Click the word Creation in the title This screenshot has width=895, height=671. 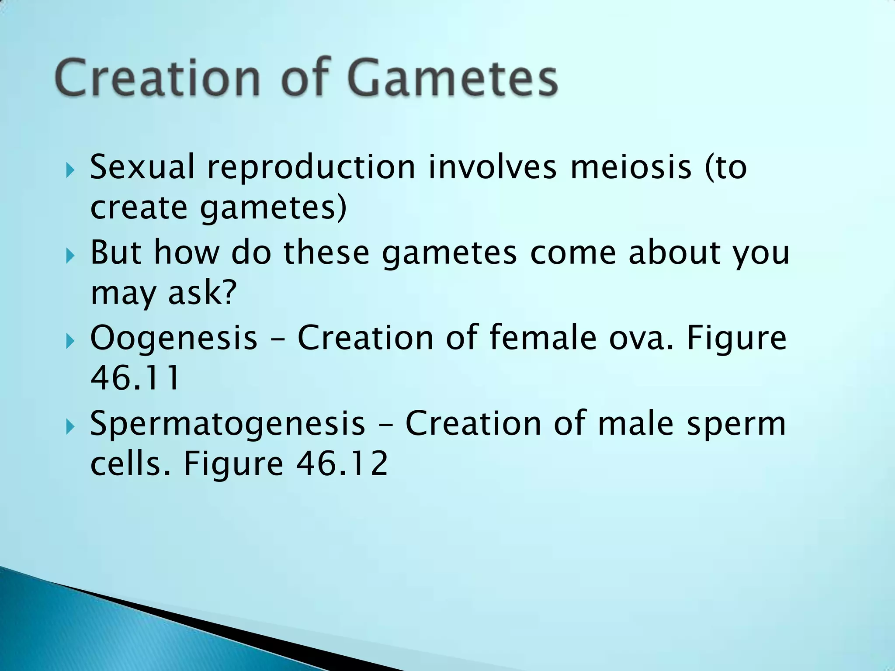[158, 79]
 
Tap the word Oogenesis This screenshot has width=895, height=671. [173, 339]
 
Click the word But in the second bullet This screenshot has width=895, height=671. [116, 252]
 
